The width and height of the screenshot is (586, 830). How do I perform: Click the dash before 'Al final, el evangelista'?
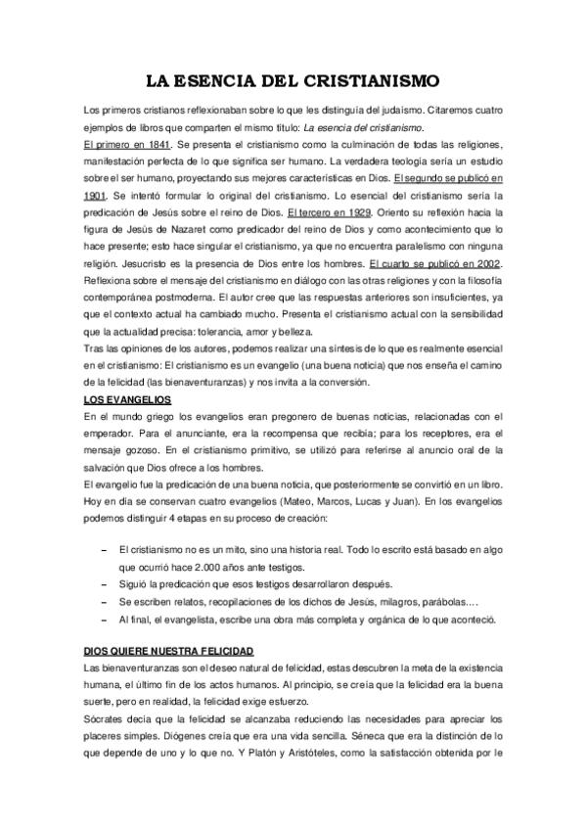pos(105,619)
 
